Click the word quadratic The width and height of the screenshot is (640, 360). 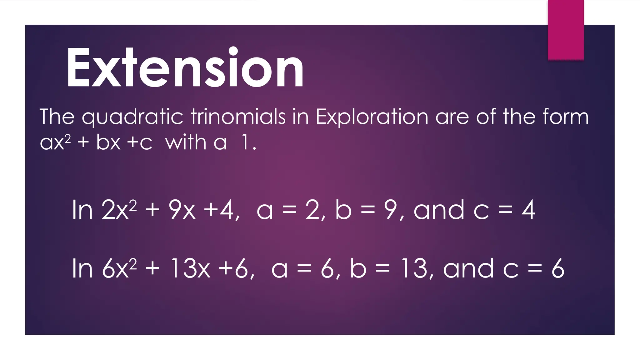click(132, 117)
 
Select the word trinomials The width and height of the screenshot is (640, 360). click(238, 117)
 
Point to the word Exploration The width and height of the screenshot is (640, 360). click(372, 117)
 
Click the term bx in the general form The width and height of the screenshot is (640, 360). click(108, 142)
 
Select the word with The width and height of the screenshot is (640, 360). click(186, 142)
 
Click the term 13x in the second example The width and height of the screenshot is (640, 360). click(190, 268)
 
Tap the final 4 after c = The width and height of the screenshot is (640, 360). click(528, 210)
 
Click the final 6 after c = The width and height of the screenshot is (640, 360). click(558, 268)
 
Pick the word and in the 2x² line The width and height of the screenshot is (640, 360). click(439, 210)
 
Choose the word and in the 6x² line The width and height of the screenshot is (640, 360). click(468, 268)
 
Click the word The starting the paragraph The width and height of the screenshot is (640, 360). click(57, 117)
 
